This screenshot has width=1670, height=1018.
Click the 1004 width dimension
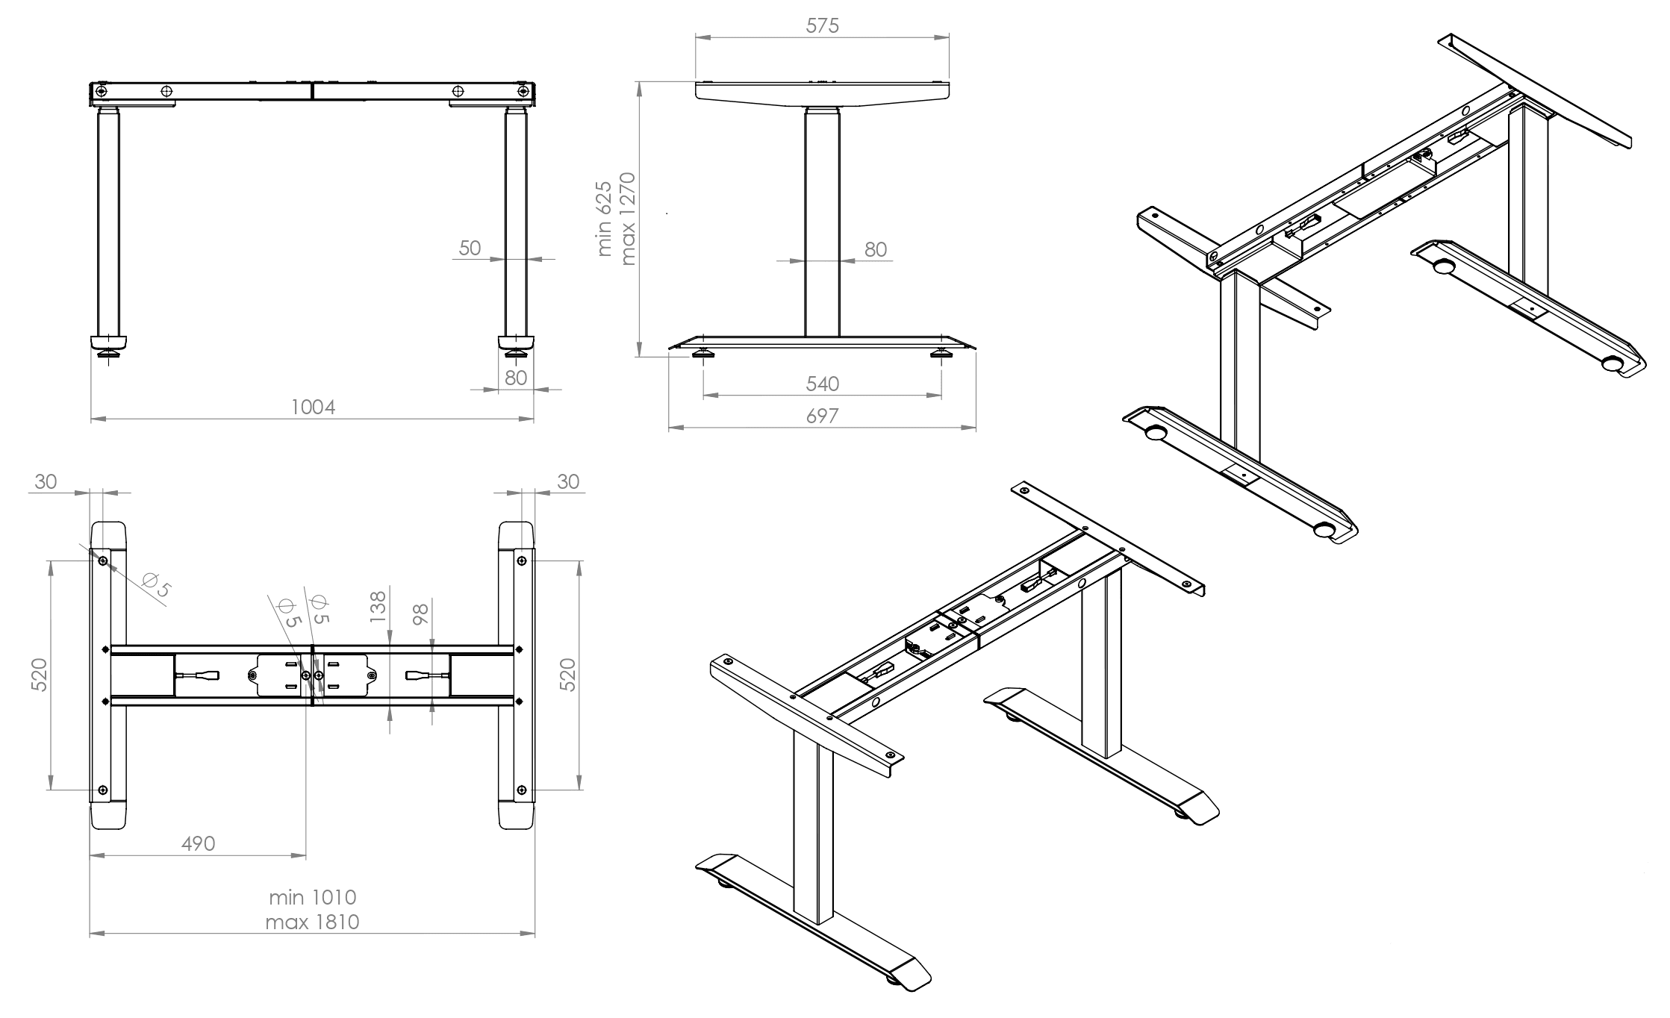313,407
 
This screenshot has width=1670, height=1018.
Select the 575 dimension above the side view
822,26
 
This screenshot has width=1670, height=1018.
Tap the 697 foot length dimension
822,416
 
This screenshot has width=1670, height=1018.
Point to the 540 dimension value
823,384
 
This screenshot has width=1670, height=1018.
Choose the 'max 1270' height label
627,219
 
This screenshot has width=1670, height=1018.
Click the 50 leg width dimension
470,248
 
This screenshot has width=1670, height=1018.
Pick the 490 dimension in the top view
199,843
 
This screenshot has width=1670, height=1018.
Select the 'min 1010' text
313,897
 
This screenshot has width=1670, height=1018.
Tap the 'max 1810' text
312,922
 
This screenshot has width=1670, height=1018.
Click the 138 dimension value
378,607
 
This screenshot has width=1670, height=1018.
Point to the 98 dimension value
421,614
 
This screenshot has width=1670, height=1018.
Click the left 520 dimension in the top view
40,675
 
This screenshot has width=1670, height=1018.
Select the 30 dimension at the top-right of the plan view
568,482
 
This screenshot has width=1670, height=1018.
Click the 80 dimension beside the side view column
876,249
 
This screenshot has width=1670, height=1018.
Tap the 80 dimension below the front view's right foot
516,378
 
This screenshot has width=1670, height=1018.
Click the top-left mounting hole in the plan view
102,561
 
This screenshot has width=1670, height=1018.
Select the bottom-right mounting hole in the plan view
521,790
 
